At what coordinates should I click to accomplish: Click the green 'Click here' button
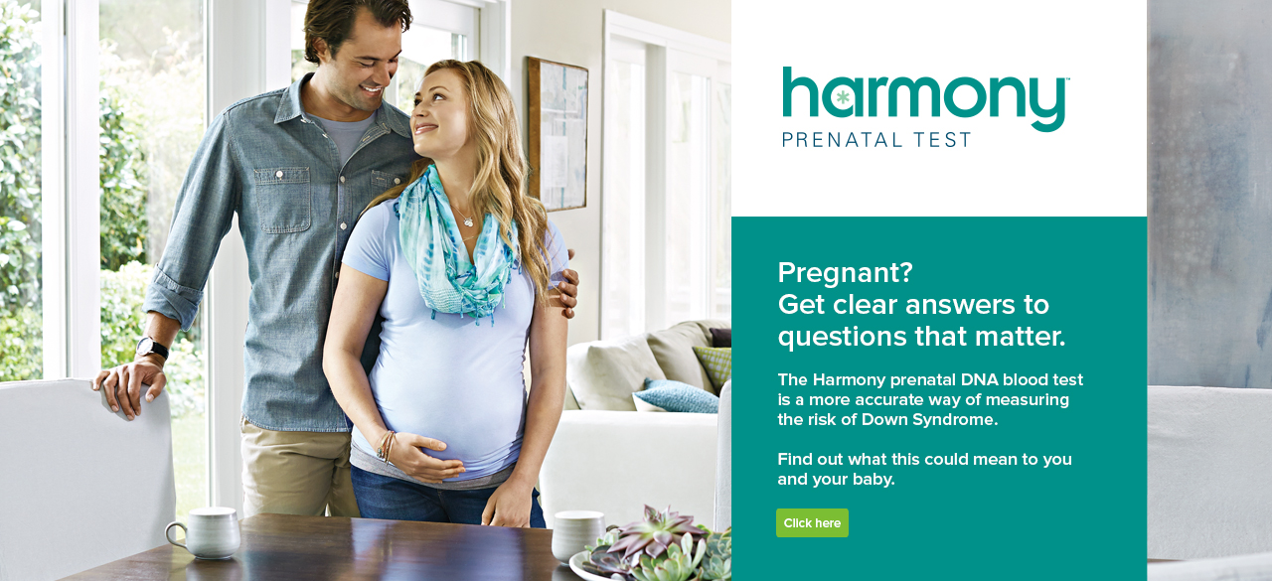(x=812, y=522)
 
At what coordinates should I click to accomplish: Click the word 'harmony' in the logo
(x=925, y=98)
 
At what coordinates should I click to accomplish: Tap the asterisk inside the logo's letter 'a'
(x=843, y=97)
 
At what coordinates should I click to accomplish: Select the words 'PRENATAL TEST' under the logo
(x=876, y=139)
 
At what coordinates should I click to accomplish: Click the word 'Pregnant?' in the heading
(x=845, y=272)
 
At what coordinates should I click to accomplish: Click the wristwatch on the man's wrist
(x=152, y=349)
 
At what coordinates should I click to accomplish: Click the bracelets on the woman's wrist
(x=386, y=446)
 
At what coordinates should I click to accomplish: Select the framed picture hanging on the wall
(x=557, y=133)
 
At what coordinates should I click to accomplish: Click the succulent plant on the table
(x=661, y=546)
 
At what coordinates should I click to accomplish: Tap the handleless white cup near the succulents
(x=575, y=533)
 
